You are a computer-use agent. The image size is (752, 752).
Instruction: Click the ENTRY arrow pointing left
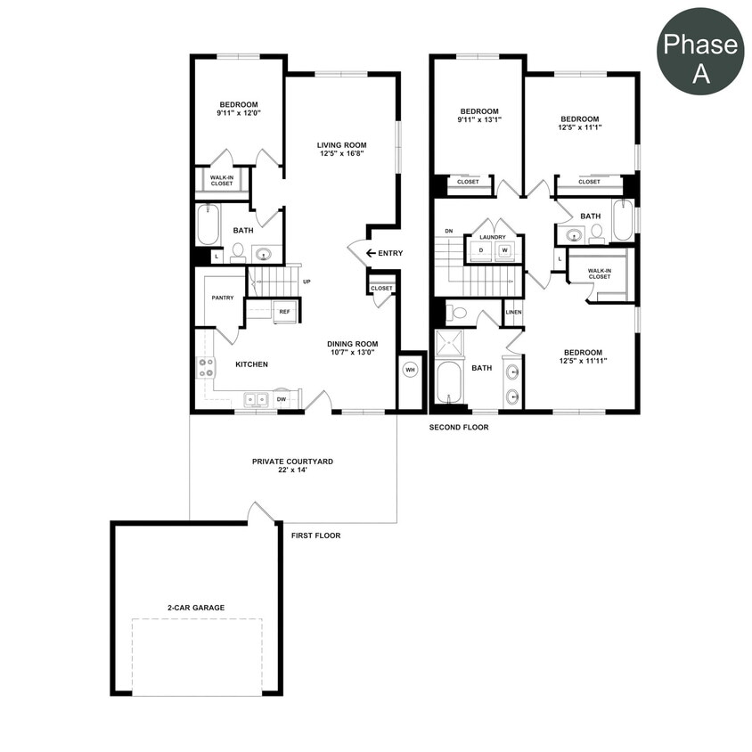click(370, 253)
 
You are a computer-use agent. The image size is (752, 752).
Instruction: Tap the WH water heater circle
click(410, 369)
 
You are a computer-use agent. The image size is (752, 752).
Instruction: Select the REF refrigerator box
click(284, 312)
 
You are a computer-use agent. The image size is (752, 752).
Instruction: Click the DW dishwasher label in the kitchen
click(282, 399)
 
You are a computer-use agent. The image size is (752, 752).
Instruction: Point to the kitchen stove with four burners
click(206, 367)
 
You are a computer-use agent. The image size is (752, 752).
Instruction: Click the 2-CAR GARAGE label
click(195, 608)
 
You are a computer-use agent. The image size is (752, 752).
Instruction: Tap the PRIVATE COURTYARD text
click(292, 462)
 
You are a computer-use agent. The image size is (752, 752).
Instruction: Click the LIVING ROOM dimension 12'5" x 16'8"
click(342, 154)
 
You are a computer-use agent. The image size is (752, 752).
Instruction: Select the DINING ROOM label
click(352, 344)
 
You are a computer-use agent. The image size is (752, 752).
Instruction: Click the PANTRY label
click(223, 298)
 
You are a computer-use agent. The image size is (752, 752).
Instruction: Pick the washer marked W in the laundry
click(504, 250)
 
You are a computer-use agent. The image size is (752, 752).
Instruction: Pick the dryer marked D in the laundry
click(481, 250)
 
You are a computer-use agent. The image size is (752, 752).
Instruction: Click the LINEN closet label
click(513, 312)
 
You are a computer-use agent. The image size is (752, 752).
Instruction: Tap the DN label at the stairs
click(449, 232)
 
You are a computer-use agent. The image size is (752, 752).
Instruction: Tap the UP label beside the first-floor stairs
click(307, 282)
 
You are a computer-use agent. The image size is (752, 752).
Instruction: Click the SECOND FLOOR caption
click(459, 427)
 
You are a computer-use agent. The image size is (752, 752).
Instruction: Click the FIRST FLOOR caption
click(315, 535)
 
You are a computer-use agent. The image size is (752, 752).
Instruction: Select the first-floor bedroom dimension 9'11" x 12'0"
click(237, 113)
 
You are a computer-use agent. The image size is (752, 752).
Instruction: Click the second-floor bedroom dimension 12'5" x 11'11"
click(582, 361)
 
